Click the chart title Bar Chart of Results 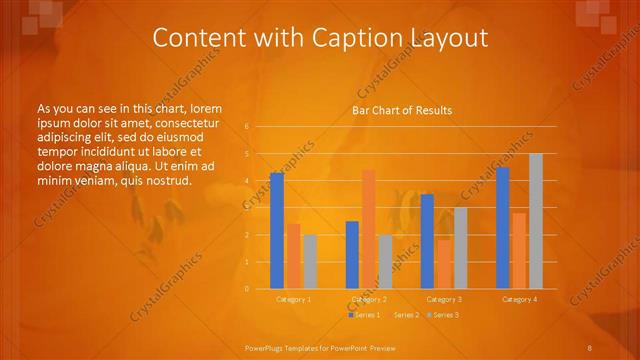[402, 110]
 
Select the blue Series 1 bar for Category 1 [277, 231]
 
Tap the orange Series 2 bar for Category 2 [369, 229]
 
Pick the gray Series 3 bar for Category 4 [535, 221]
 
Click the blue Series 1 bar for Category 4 [503, 228]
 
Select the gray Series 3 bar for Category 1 [310, 262]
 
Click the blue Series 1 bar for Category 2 [352, 255]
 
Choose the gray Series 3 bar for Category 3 [460, 248]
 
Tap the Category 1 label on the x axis [293, 299]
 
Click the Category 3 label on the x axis [444, 299]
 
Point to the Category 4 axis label [519, 299]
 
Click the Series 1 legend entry [366, 315]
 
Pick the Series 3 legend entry [444, 315]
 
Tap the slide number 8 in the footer [589, 347]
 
